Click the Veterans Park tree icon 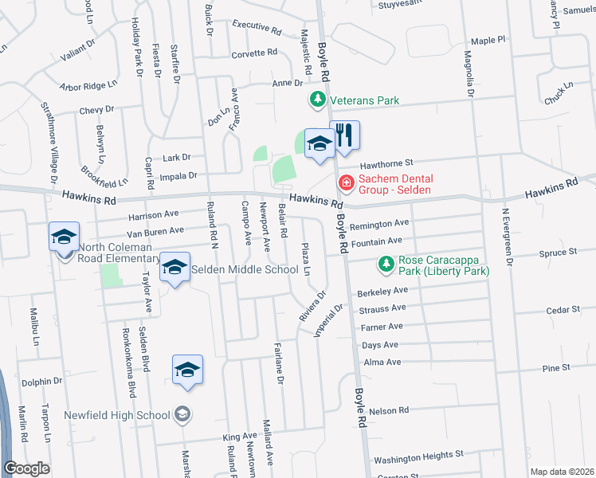click(318, 100)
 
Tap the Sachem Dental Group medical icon click(347, 184)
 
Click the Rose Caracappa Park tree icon click(386, 264)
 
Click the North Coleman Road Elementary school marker click(64, 237)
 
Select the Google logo click(26, 468)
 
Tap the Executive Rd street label click(257, 28)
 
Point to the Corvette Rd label click(254, 54)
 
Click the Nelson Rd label click(390, 410)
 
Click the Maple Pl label click(488, 39)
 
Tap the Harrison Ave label click(154, 215)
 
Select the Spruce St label click(558, 252)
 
